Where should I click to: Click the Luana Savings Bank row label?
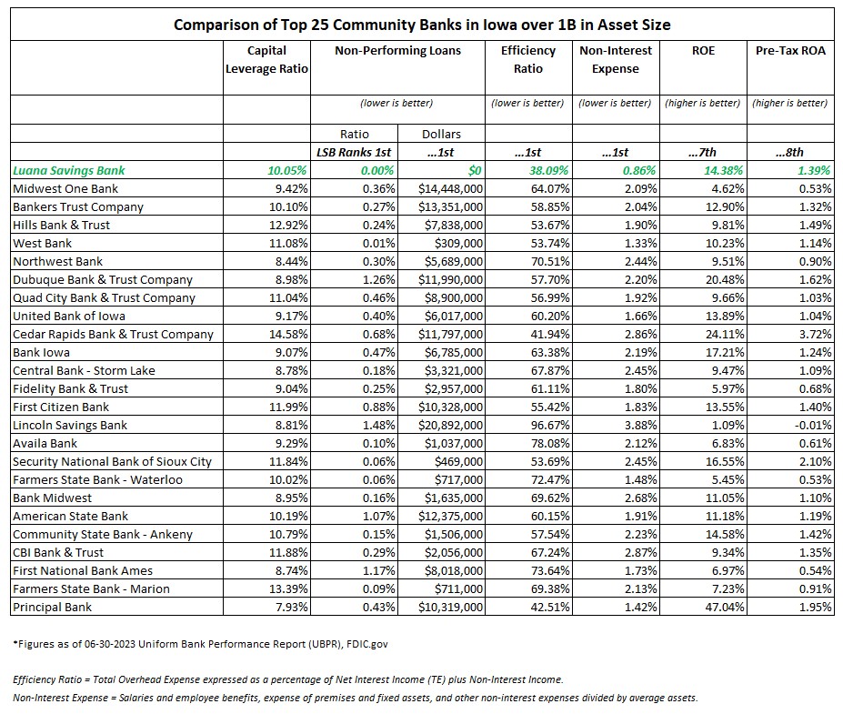point(69,170)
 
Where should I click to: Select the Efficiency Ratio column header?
point(528,60)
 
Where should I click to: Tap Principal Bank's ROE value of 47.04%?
point(725,607)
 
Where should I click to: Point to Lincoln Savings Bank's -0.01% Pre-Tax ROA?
point(813,426)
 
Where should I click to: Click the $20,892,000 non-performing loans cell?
point(450,426)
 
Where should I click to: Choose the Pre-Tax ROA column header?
point(790,51)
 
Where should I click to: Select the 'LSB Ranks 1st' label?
point(354,152)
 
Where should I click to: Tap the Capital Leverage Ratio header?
point(266,60)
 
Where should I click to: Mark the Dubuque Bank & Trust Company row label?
point(103,279)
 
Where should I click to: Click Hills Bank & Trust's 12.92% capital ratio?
point(288,226)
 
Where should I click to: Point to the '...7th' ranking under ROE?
point(702,152)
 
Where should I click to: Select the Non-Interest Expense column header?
point(616,60)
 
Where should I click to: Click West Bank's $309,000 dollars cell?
point(458,244)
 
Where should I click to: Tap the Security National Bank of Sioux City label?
point(113,462)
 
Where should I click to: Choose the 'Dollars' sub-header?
point(441,134)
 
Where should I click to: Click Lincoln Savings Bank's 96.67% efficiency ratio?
point(550,426)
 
